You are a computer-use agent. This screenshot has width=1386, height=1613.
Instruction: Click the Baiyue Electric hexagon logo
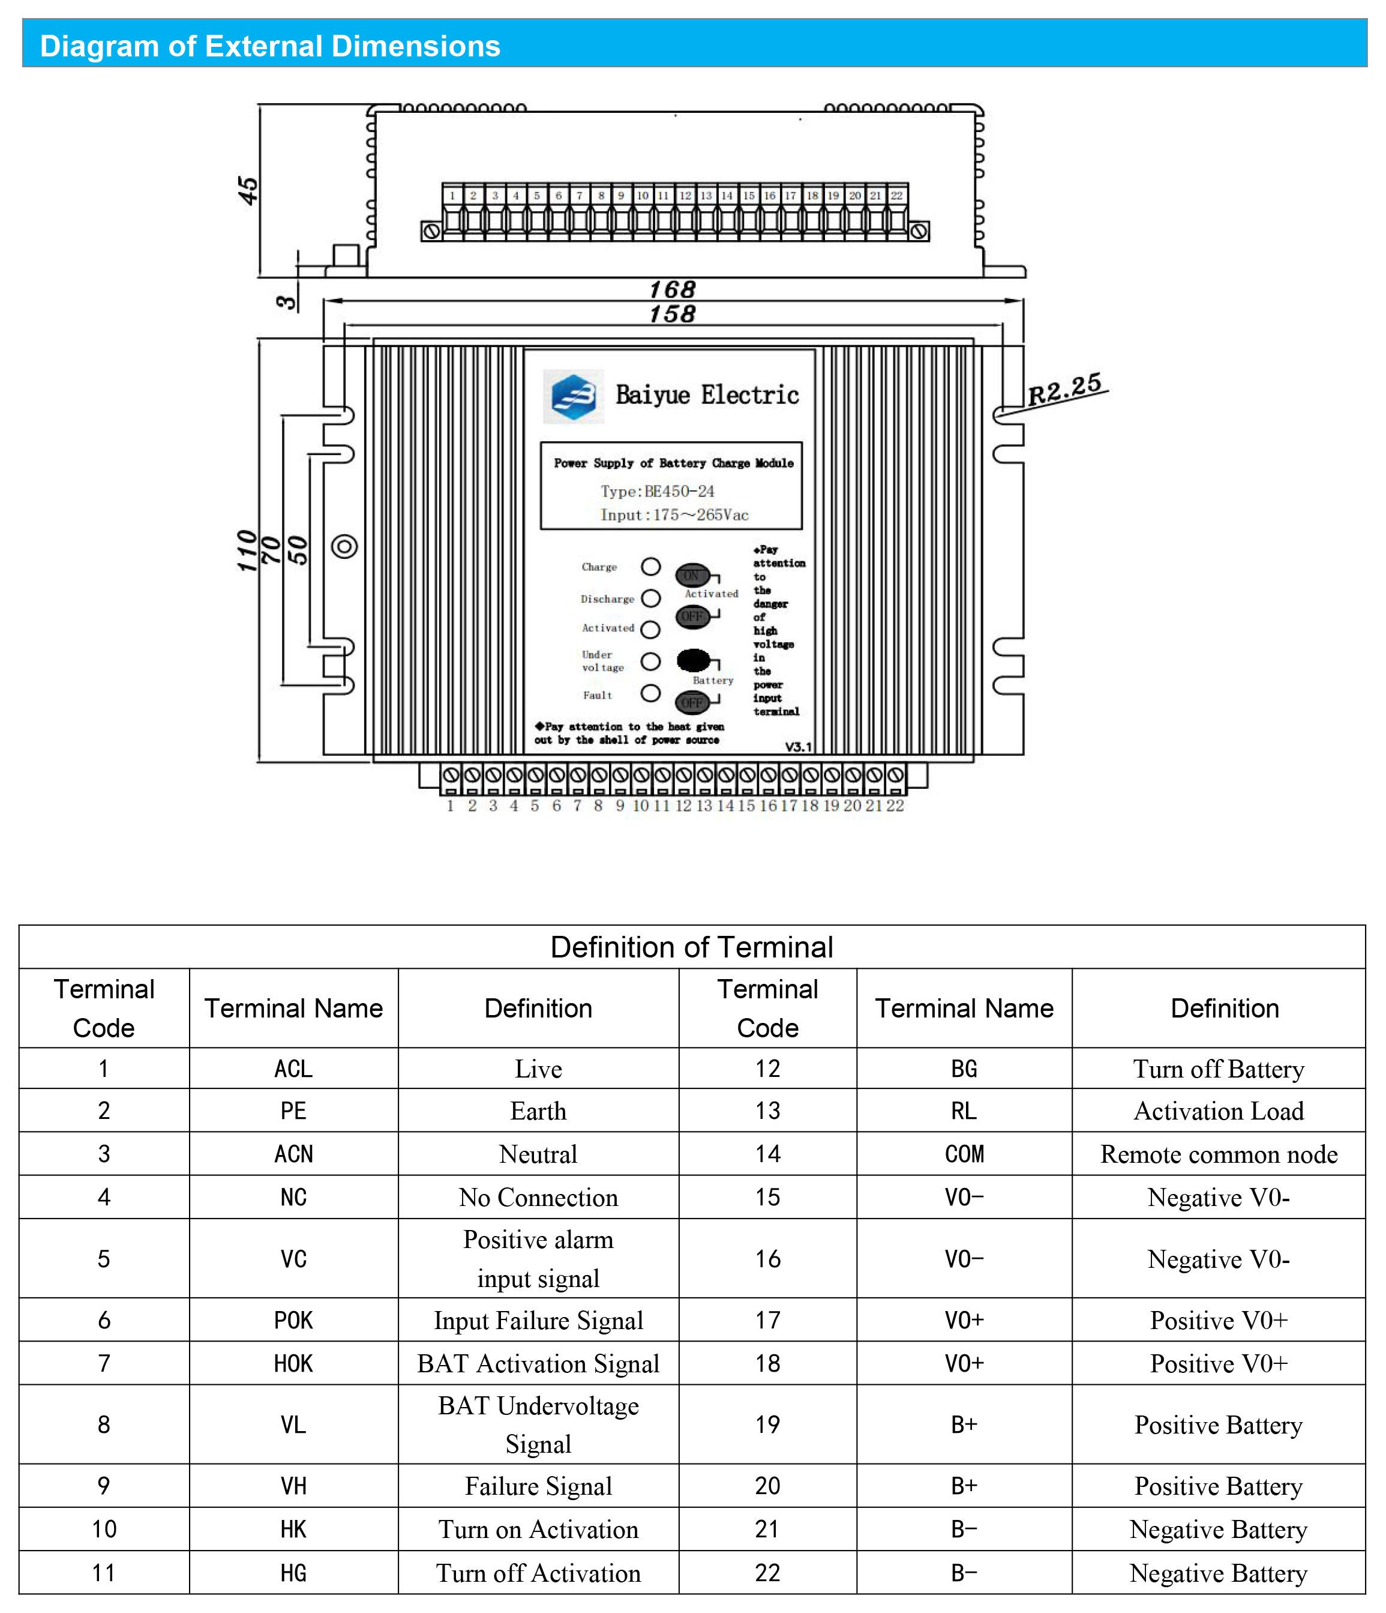pyautogui.click(x=573, y=396)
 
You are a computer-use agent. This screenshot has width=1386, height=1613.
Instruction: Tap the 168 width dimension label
pyautogui.click(x=673, y=289)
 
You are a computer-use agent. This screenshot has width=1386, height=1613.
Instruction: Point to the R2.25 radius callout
pyautogui.click(x=1064, y=388)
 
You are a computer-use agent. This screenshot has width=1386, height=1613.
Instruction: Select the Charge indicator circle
pyautogui.click(x=650, y=567)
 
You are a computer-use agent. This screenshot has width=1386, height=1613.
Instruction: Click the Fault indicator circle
pyautogui.click(x=650, y=693)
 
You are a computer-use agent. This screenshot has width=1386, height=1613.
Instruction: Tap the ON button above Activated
pyautogui.click(x=692, y=575)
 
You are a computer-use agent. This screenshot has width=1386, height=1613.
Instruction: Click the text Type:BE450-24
pyautogui.click(x=657, y=491)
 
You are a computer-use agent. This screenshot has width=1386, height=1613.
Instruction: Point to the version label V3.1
pyautogui.click(x=797, y=747)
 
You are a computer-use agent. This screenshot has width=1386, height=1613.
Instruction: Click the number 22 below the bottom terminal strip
pyautogui.click(x=895, y=806)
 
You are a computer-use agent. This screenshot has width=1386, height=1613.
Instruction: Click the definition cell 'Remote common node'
pyautogui.click(x=1219, y=1154)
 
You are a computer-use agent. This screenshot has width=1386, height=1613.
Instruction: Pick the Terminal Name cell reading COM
pyautogui.click(x=964, y=1154)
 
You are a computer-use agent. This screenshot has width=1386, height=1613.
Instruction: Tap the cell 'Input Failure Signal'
pyautogui.click(x=539, y=1320)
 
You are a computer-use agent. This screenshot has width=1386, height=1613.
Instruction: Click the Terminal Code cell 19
pyautogui.click(x=767, y=1425)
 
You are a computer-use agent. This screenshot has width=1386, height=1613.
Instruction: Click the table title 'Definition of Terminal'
pyautogui.click(x=692, y=947)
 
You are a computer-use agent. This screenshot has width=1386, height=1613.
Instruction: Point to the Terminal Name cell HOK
pyautogui.click(x=293, y=1363)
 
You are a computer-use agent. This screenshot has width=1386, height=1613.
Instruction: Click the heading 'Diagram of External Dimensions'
pyautogui.click(x=270, y=46)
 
